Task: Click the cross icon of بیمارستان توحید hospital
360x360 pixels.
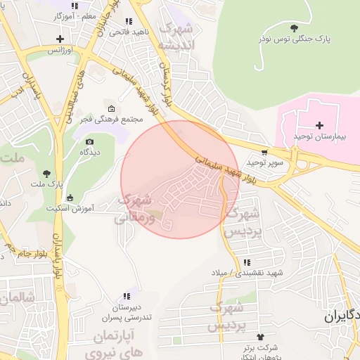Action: point(320,124)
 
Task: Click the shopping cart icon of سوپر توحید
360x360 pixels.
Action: point(264,152)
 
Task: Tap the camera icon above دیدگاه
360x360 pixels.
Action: point(89,142)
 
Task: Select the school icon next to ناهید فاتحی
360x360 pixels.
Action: point(127,22)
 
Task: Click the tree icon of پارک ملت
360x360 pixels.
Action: point(47,173)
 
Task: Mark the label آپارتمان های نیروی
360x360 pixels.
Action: point(114,342)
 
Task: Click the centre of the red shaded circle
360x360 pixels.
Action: point(180,180)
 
